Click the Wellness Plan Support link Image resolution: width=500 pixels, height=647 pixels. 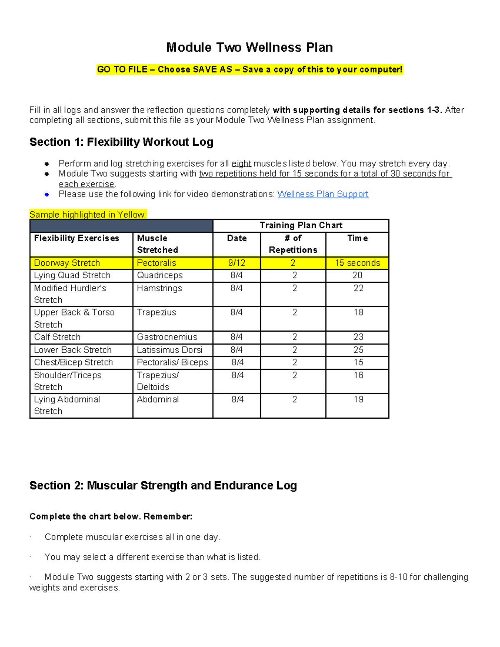pyautogui.click(x=322, y=194)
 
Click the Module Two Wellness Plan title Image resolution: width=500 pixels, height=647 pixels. pyautogui.click(x=249, y=47)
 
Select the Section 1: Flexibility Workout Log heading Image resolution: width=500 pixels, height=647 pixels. pyautogui.click(x=121, y=142)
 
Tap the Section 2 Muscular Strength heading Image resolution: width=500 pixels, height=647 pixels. pyautogui.click(x=163, y=486)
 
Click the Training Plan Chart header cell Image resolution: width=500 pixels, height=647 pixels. pyautogui.click(x=300, y=225)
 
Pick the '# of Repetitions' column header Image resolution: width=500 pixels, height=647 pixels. pyautogui.click(x=293, y=244)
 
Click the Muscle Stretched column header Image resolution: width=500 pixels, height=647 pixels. pyautogui.click(x=157, y=244)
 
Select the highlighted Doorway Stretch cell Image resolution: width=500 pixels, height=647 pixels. pyautogui.click(x=67, y=263)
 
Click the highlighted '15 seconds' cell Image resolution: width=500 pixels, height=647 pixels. pyautogui.click(x=357, y=263)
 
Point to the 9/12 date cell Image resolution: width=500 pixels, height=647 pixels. pyautogui.click(x=236, y=263)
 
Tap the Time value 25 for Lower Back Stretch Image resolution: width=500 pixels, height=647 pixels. pyautogui.click(x=358, y=350)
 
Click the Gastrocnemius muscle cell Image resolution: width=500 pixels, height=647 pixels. pyautogui.click(x=167, y=337)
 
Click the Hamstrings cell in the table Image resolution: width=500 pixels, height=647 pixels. pyautogui.click(x=160, y=288)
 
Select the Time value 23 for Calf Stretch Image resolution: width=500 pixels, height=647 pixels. pyautogui.click(x=358, y=337)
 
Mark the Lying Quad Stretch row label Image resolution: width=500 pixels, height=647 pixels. pyautogui.click(x=72, y=275)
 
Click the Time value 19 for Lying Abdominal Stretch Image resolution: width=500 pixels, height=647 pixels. pyautogui.click(x=358, y=400)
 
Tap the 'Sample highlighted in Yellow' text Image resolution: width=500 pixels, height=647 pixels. pyautogui.click(x=87, y=215)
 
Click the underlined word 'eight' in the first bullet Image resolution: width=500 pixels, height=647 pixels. pyautogui.click(x=241, y=163)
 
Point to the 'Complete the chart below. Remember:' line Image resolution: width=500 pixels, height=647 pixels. pyautogui.click(x=111, y=517)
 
